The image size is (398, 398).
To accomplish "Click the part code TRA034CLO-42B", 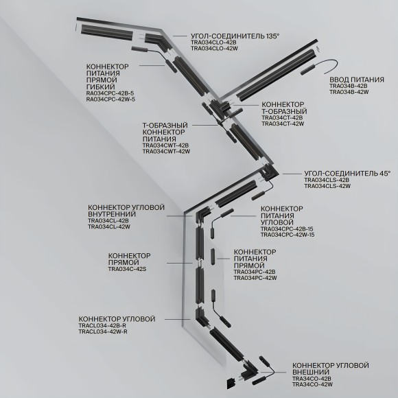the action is click(x=213, y=42).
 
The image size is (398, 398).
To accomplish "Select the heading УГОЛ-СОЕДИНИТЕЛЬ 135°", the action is click(x=235, y=36).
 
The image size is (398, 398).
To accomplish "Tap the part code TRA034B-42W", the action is click(x=349, y=92).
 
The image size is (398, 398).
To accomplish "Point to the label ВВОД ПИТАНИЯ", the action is click(x=357, y=80).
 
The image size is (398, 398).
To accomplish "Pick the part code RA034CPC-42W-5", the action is click(x=110, y=99).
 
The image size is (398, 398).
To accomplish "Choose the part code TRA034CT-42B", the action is click(x=282, y=118).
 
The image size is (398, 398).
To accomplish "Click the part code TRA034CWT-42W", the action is click(x=166, y=152).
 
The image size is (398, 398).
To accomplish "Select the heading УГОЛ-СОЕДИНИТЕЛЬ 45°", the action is click(x=347, y=174).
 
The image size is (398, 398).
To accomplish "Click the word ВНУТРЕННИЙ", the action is click(x=112, y=214).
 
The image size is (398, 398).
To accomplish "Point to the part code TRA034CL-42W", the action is click(x=109, y=226).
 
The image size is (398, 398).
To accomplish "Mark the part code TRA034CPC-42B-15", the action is click(x=287, y=229).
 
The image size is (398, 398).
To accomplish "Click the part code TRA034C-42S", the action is click(x=127, y=269).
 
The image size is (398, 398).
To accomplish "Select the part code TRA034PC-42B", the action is click(x=255, y=272).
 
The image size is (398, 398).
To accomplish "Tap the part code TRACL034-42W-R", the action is click(x=103, y=331).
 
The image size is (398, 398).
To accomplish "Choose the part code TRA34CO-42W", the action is click(x=312, y=384).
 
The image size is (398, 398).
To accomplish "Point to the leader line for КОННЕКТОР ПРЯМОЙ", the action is click(x=180, y=263).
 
